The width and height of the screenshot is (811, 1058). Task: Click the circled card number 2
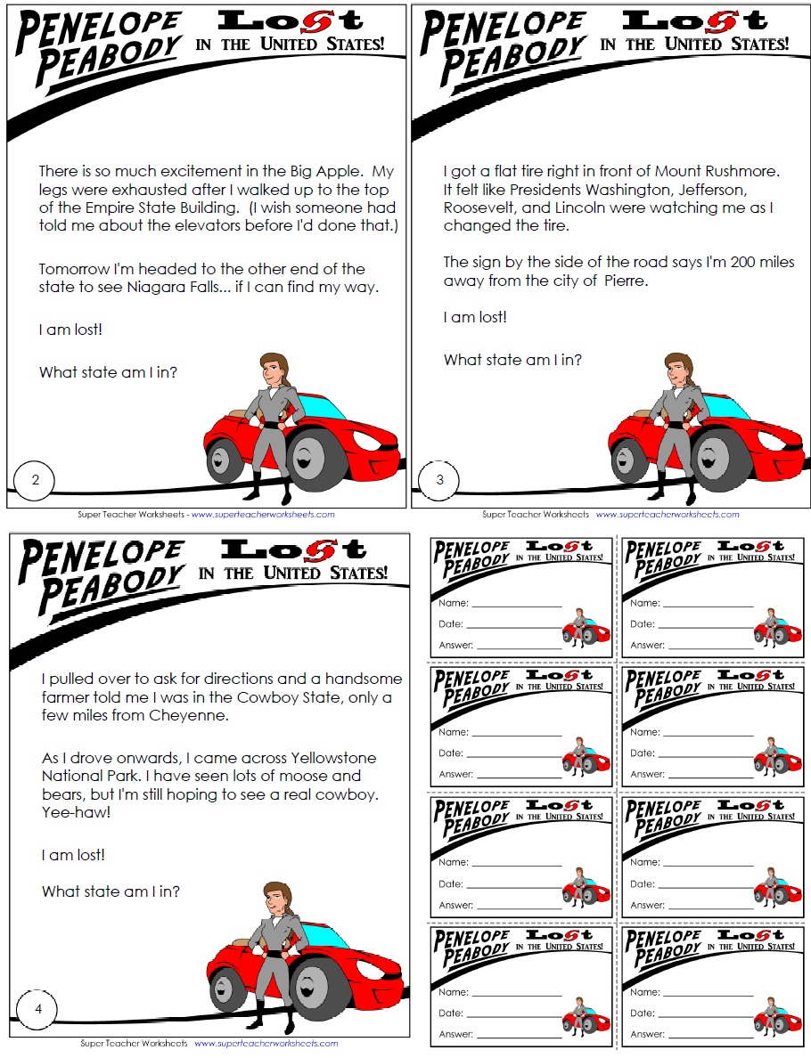click(x=35, y=481)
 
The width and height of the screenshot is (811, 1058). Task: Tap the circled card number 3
click(x=439, y=481)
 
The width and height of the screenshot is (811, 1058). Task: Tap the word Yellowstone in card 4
click(x=334, y=758)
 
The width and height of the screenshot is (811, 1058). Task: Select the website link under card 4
click(x=266, y=1043)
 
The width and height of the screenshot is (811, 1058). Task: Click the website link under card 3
click(x=668, y=515)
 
